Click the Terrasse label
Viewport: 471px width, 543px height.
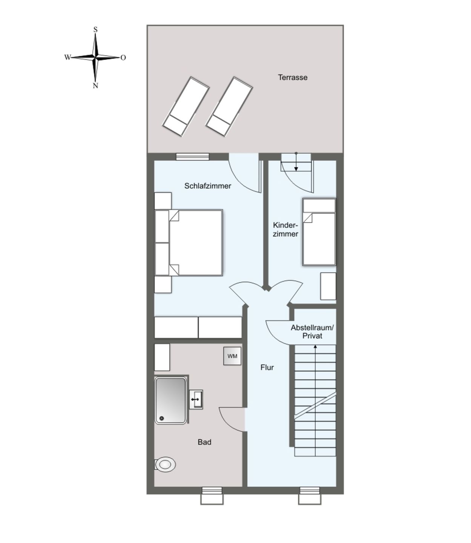click(293, 77)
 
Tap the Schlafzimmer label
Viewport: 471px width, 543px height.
click(207, 186)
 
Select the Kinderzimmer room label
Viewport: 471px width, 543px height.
click(285, 229)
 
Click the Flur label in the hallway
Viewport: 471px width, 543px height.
click(267, 367)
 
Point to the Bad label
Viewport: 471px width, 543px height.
click(204, 442)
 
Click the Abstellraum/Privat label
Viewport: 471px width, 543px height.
click(312, 332)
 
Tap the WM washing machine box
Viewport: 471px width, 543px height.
click(232, 356)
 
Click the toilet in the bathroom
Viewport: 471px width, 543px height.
click(165, 465)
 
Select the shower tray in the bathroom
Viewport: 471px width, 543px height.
click(171, 400)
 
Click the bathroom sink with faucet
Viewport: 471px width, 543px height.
click(196, 399)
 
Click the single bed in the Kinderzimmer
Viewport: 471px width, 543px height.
click(319, 232)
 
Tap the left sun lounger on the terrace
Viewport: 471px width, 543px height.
click(186, 106)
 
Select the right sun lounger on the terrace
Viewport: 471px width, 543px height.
click(229, 106)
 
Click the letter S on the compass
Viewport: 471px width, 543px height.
click(95, 29)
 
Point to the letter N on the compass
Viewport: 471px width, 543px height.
click(95, 86)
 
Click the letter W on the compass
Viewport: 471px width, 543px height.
click(67, 57)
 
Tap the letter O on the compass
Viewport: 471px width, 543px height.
click(123, 58)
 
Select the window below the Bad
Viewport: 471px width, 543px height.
click(212, 495)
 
